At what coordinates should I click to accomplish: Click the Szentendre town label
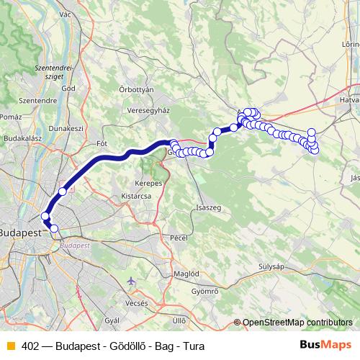33,100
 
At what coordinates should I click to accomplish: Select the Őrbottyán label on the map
136,89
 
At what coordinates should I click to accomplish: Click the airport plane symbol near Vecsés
130,282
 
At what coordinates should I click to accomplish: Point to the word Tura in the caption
193,345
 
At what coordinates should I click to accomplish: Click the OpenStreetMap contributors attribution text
297,322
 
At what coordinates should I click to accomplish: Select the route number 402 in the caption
30,345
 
